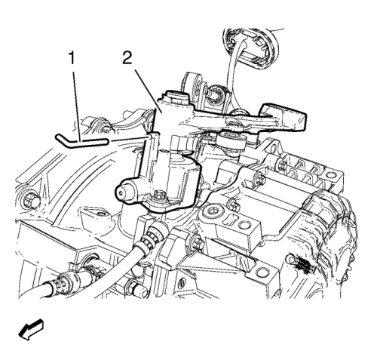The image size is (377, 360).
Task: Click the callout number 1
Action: [x=72, y=58]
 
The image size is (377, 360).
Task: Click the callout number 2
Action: [x=127, y=58]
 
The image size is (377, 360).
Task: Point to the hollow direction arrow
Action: [x=32, y=330]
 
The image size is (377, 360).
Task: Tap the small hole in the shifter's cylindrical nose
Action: [x=121, y=193]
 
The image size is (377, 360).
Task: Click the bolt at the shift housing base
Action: [x=159, y=195]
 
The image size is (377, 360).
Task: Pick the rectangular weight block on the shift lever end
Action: [x=284, y=116]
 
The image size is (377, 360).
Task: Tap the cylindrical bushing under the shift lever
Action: [x=231, y=143]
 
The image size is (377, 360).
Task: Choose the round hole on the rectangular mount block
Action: [x=244, y=224]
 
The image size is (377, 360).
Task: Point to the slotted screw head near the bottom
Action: [x=182, y=282]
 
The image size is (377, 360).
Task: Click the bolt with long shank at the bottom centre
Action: [x=136, y=288]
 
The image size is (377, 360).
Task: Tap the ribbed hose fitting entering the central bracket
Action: [x=152, y=235]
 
